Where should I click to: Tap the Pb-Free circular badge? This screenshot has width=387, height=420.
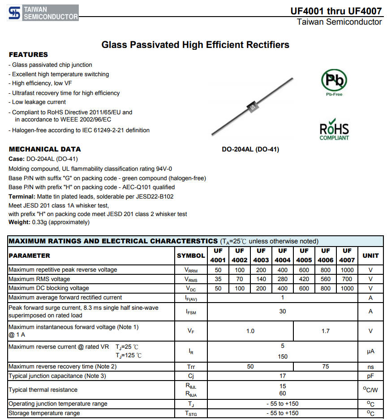point(334,81)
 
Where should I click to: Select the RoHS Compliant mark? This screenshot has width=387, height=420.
point(334,130)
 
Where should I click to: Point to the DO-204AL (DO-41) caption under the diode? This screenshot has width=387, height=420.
point(250,150)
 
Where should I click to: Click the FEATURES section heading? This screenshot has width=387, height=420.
point(28,55)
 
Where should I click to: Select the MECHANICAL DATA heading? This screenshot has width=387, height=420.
point(45,149)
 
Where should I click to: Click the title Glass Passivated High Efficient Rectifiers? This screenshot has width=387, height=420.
point(195,45)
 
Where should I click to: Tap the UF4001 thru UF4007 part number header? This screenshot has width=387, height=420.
point(336,11)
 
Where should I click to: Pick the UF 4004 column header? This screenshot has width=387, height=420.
point(283,255)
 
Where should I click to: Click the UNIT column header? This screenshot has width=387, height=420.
point(370,255)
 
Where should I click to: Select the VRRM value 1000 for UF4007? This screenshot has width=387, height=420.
point(347,270)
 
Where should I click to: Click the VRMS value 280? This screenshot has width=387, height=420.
point(283,279)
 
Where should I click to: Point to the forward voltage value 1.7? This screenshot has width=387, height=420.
point(326,331)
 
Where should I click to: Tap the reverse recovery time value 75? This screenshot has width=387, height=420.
point(326,367)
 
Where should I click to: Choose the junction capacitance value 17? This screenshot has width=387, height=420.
point(283,376)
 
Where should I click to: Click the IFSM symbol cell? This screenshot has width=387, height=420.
point(191,312)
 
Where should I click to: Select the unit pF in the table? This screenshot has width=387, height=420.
point(370,376)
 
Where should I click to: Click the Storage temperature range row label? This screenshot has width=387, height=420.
point(44,413)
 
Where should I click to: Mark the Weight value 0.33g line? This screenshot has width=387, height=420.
point(49,222)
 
